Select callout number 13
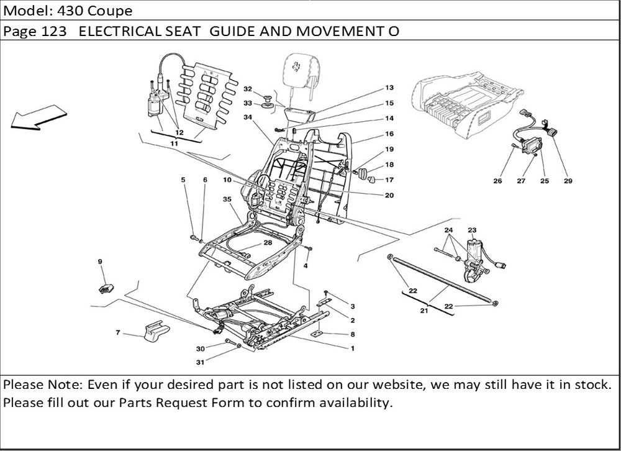point(389,88)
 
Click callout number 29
point(568,181)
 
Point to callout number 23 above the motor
point(472,230)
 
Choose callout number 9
point(99,262)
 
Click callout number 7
point(118,333)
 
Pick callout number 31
point(200,363)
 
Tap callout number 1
point(352,348)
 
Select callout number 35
point(227,199)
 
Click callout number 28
point(268,243)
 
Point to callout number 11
point(175,143)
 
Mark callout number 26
point(497,181)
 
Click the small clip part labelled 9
point(106,287)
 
